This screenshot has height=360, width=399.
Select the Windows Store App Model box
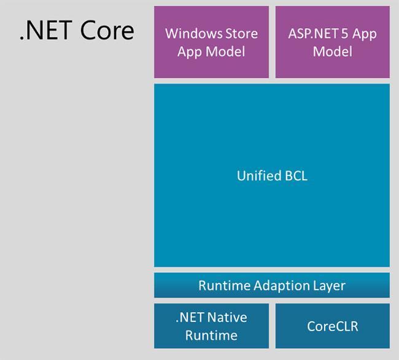(211, 42)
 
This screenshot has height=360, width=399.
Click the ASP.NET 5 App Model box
(332, 42)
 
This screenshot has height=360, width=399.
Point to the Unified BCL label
(271, 176)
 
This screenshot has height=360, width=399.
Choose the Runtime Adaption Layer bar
(271, 286)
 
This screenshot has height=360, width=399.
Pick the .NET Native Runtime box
(211, 326)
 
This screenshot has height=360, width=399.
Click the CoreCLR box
(332, 326)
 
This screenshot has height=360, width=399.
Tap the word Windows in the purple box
(194, 33)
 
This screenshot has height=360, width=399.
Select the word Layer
(329, 286)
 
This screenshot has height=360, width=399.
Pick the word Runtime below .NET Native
(211, 335)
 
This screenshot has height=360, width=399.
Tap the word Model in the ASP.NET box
(332, 51)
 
